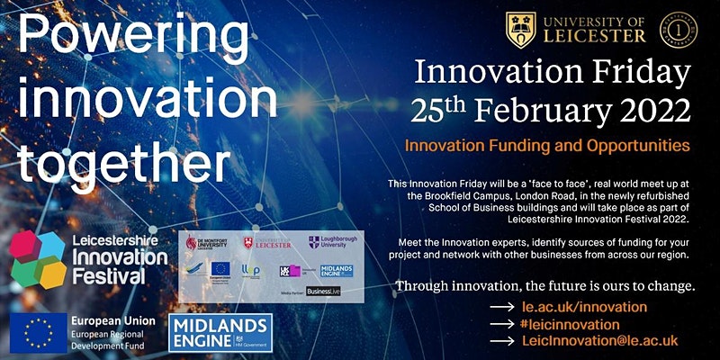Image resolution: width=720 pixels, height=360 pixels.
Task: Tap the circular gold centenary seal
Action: click(x=676, y=28)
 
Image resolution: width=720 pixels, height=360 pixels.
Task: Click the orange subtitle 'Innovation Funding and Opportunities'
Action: click(x=547, y=144)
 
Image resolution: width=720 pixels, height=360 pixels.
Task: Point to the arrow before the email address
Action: click(x=500, y=341)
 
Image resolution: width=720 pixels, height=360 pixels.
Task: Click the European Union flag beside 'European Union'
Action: click(x=38, y=333)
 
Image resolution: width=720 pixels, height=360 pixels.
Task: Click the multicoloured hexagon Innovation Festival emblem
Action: click(x=36, y=256)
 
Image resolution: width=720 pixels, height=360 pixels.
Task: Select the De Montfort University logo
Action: click(x=205, y=243)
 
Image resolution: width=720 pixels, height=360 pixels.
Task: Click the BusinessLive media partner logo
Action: click(x=325, y=292)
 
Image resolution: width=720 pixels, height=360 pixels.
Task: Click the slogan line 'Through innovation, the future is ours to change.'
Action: click(x=543, y=287)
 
